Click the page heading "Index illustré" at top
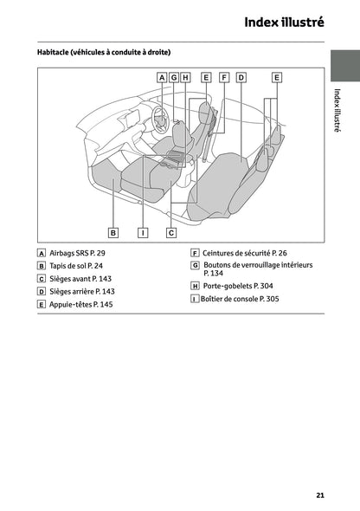(x=284, y=22)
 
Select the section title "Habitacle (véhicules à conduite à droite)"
(x=104, y=53)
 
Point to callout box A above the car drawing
(x=162, y=77)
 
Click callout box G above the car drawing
(x=174, y=77)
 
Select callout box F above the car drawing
(x=223, y=77)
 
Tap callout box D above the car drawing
(x=241, y=77)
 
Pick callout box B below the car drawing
(x=113, y=232)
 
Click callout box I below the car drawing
(x=143, y=232)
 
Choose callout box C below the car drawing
(x=171, y=232)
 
